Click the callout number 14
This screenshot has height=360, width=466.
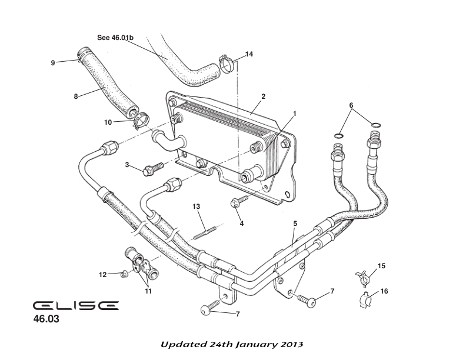249,54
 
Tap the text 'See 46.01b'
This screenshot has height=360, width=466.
115,38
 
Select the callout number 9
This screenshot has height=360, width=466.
52,63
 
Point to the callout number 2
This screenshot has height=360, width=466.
263,96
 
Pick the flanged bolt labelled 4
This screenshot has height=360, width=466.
237,203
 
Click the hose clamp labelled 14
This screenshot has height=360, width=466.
226,64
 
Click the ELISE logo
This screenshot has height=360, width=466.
75,306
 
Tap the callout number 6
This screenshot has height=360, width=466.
351,105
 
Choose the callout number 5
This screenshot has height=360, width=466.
295,224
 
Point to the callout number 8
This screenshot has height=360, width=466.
76,96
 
